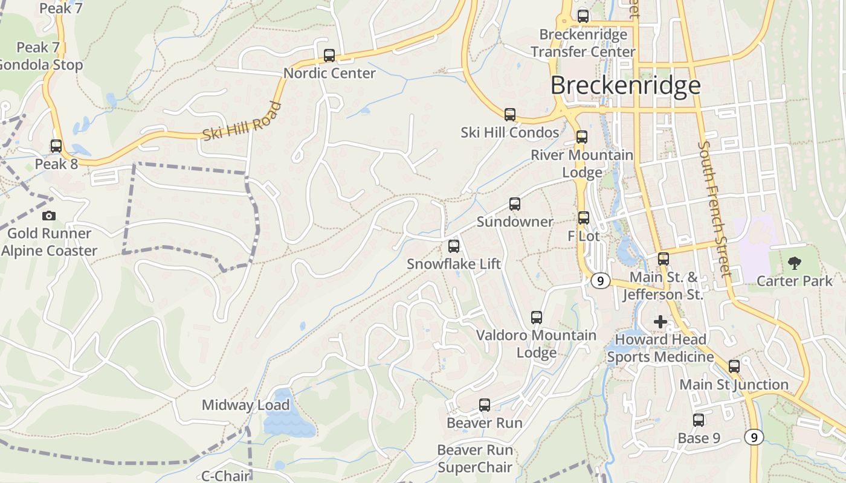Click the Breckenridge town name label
pos(625,86)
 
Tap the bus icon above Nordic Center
pos(329,56)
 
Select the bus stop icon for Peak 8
pos(56,146)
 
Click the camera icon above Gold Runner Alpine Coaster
pos(49,216)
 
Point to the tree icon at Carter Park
pos(794,263)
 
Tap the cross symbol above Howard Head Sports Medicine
pos(660,322)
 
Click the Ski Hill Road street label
pos(242,122)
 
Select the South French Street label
pos(714,208)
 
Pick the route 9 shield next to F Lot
pos(599,281)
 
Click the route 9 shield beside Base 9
pos(753,437)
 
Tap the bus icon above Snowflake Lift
pos(454,246)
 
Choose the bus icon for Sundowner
pos(515,204)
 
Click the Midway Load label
pos(246,405)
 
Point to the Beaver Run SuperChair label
pos(475,458)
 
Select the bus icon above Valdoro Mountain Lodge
pos(536,318)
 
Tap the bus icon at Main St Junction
pos(734,366)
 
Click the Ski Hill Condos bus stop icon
pos(510,115)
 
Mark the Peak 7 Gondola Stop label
pos(41,56)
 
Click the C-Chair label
pos(225,476)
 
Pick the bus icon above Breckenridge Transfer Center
pos(583,16)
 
